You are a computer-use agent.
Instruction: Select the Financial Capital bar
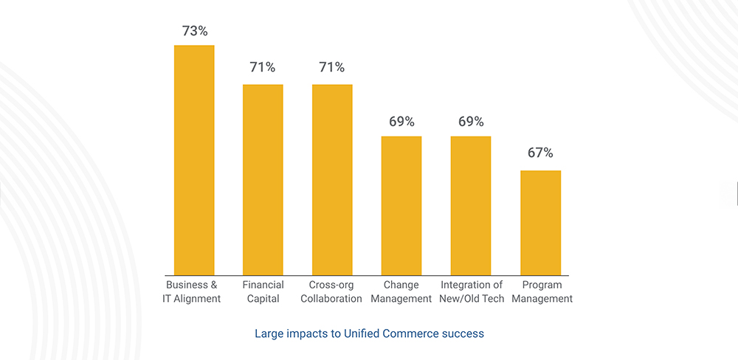coord(263,179)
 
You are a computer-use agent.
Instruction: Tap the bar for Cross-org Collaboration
coord(332,179)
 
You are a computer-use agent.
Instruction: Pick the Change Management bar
coord(401,205)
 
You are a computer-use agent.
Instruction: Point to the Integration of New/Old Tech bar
coord(471,205)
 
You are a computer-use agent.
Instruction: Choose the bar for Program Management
coord(540,223)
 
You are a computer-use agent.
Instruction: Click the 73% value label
coord(194,31)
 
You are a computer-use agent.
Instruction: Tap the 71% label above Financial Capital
coord(263,68)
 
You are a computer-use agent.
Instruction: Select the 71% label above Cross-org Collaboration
coord(332,68)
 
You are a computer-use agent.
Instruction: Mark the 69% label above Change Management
coord(401,121)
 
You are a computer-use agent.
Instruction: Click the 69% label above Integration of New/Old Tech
coord(471,121)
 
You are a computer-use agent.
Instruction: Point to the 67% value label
coord(540,153)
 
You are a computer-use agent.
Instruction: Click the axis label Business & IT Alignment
coord(192,292)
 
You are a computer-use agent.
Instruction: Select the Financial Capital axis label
coord(263,292)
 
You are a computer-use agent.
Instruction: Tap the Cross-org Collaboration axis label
coord(332,292)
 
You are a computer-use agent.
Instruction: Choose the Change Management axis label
coord(401,292)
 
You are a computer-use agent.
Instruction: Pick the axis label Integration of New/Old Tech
coord(472,292)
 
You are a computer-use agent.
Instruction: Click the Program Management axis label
coord(542,292)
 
